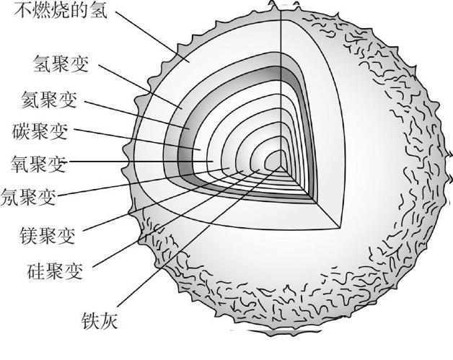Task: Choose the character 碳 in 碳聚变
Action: (x=22, y=132)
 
